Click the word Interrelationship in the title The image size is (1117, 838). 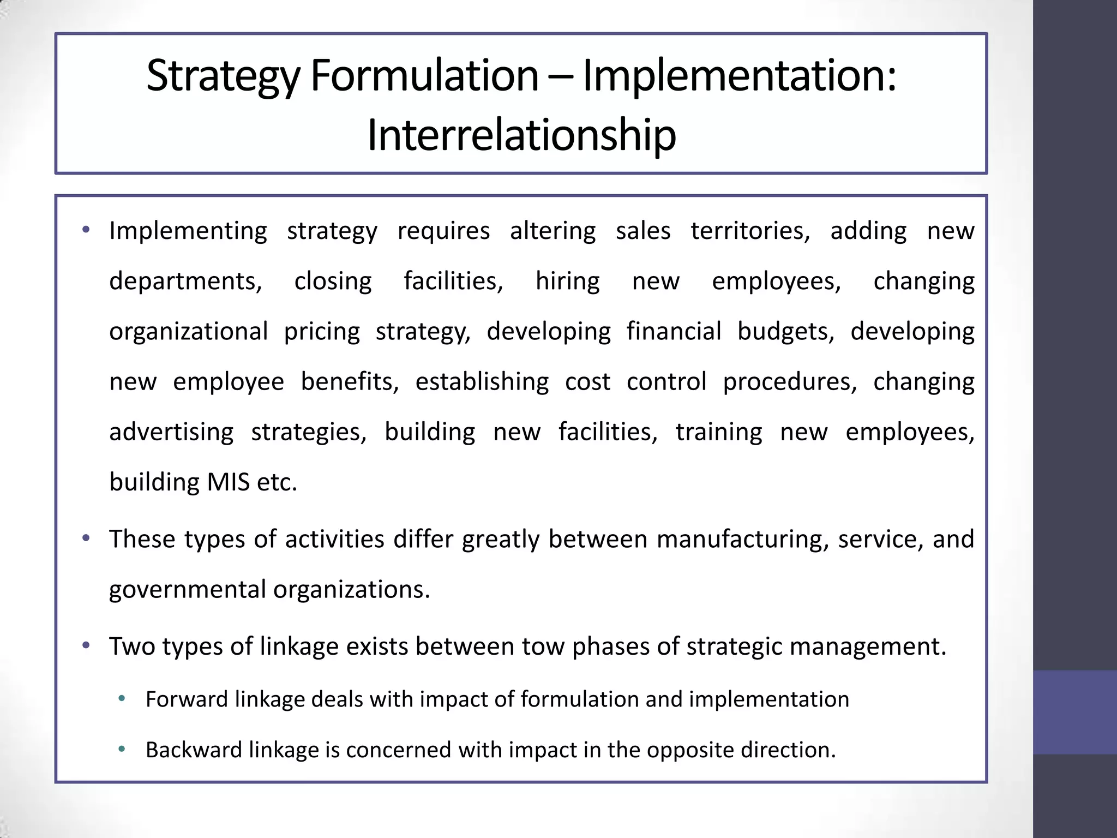pyautogui.click(x=521, y=135)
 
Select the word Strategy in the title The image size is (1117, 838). pyautogui.click(x=223, y=76)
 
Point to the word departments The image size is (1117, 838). pyautogui.click(x=185, y=282)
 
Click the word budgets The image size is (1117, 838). pyautogui.click(x=785, y=332)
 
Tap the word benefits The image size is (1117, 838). pyautogui.click(x=350, y=382)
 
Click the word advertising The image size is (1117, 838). pyautogui.click(x=171, y=432)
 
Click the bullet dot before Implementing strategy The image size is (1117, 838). pyautogui.click(x=86, y=230)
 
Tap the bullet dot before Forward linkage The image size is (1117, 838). pyautogui.click(x=122, y=698)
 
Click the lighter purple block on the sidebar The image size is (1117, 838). pyautogui.click(x=1074, y=713)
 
